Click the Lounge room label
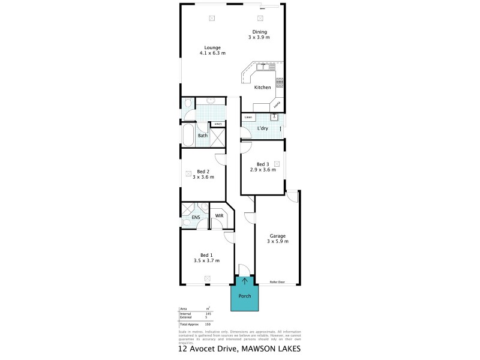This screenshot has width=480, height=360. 212,47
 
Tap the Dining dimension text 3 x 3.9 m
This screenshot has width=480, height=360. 259,37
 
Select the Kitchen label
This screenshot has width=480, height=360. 262,88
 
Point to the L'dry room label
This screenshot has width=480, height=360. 262,129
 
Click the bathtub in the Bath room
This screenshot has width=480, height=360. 187,136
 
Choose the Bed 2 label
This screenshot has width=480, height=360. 203,172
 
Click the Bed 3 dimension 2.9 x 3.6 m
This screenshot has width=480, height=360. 263,170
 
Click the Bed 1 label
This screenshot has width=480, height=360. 206,255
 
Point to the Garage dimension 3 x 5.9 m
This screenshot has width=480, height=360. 278,241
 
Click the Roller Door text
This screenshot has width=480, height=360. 277,281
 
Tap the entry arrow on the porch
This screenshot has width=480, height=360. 245,280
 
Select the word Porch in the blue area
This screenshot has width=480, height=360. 245,296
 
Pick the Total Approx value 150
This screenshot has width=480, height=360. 206,324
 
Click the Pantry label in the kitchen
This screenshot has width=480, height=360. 276,106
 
